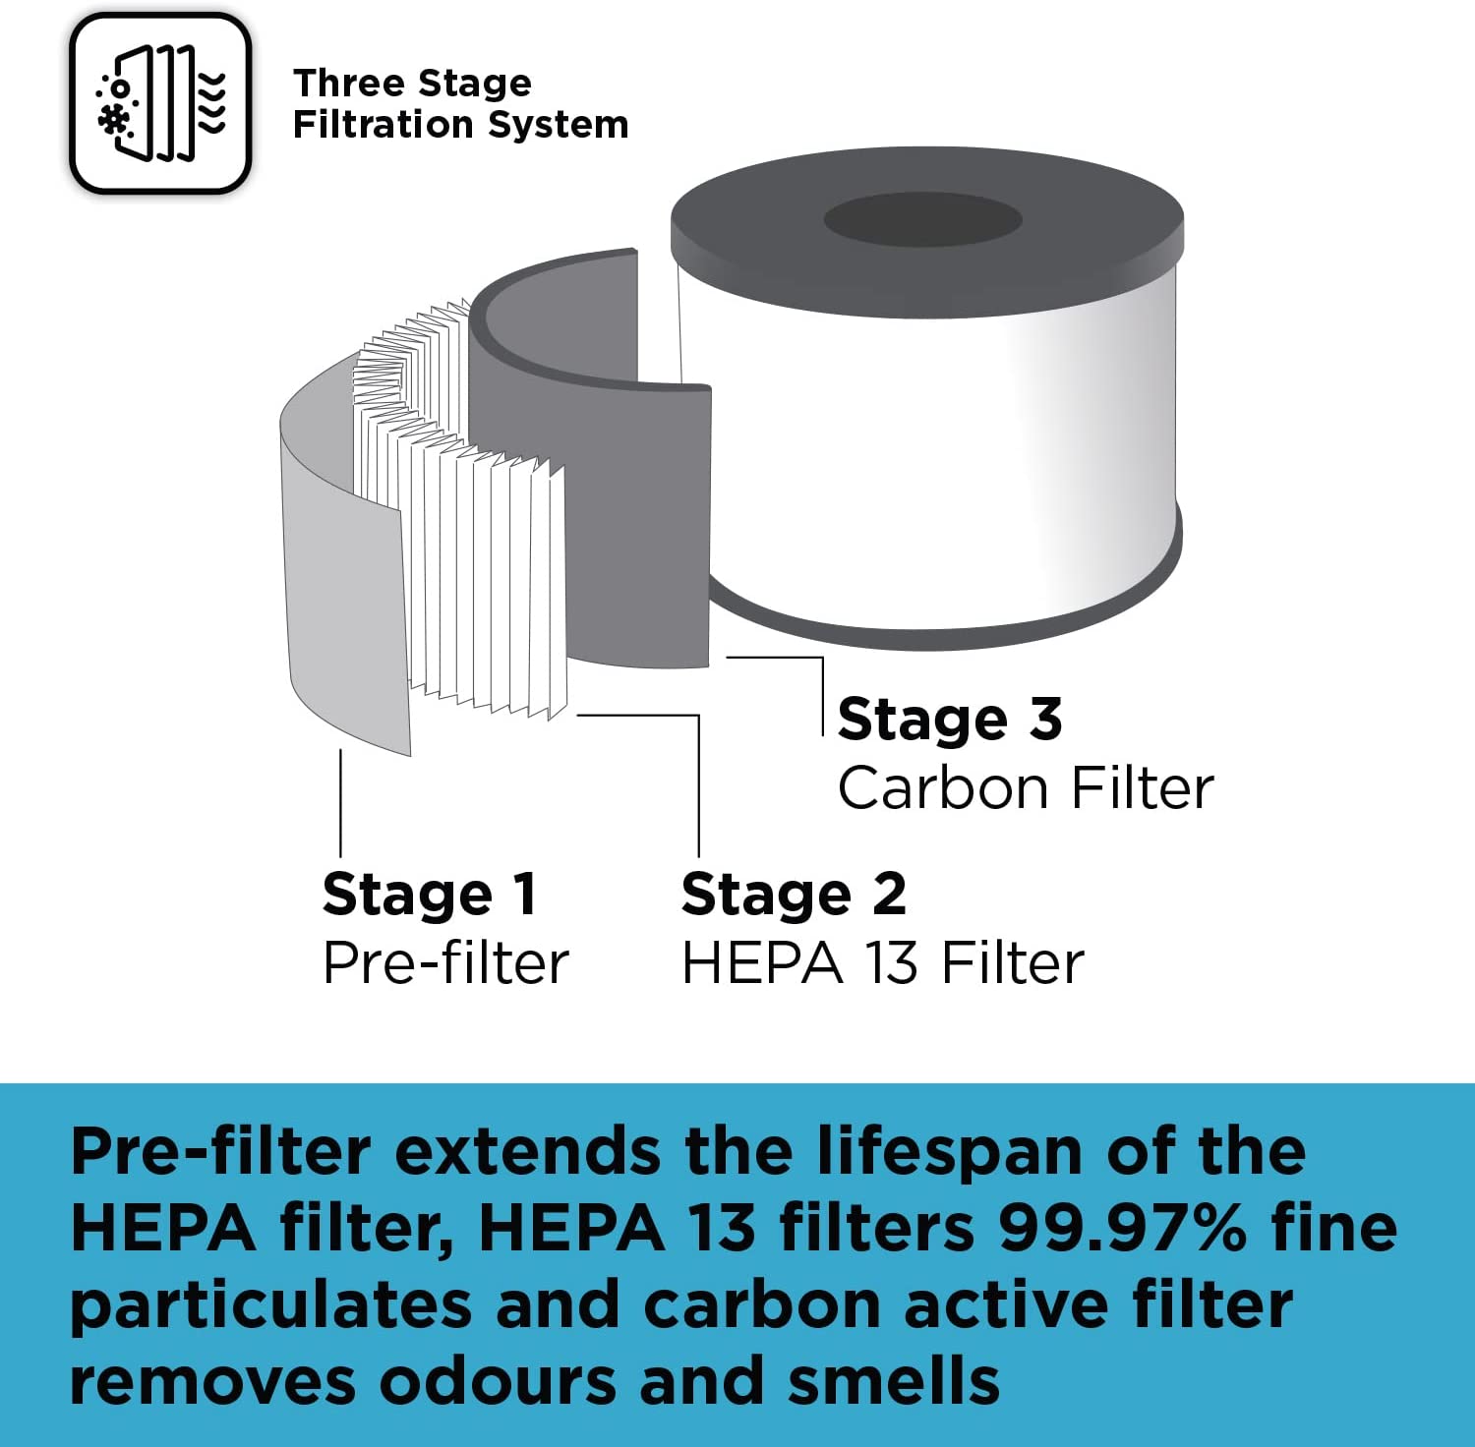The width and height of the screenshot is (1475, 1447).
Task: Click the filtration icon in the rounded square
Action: pos(160,103)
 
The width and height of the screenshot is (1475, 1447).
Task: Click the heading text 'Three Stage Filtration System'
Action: pos(460,103)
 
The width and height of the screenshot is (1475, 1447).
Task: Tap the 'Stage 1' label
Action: pos(430,894)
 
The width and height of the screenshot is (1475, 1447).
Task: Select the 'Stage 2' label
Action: pos(794,894)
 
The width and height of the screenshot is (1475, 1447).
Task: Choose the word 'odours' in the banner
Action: pos(498,1381)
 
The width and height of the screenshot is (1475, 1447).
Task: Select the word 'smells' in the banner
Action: pos(894,1381)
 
